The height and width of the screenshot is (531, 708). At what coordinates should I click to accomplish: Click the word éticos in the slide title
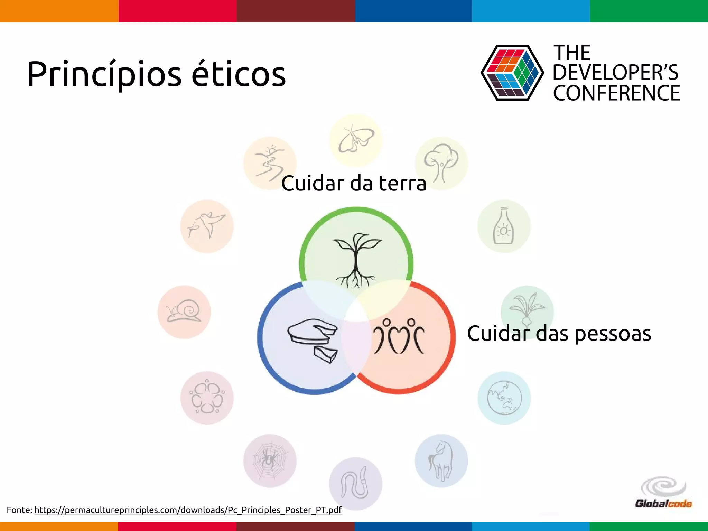point(239,74)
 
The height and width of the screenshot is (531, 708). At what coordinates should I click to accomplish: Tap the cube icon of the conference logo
point(512,73)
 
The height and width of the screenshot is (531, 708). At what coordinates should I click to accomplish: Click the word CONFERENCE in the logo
point(616,93)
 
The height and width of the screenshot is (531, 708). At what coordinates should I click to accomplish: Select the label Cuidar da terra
point(354,183)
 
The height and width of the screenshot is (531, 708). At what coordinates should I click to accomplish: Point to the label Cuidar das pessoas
point(559,334)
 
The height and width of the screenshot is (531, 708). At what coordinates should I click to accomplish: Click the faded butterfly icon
point(356,140)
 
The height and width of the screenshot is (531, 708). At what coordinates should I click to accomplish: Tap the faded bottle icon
point(504,226)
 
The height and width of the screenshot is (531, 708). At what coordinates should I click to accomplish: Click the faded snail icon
point(184,311)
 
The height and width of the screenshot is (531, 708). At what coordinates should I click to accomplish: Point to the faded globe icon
point(504,398)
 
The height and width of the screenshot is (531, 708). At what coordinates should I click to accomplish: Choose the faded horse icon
point(441,461)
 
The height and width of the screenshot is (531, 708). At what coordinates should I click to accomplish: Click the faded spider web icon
point(270,461)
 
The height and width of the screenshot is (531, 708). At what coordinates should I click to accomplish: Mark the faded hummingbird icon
point(207,226)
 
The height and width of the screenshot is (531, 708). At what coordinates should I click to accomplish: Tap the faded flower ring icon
point(207,398)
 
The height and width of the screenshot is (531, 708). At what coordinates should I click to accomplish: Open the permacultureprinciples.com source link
point(188,510)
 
